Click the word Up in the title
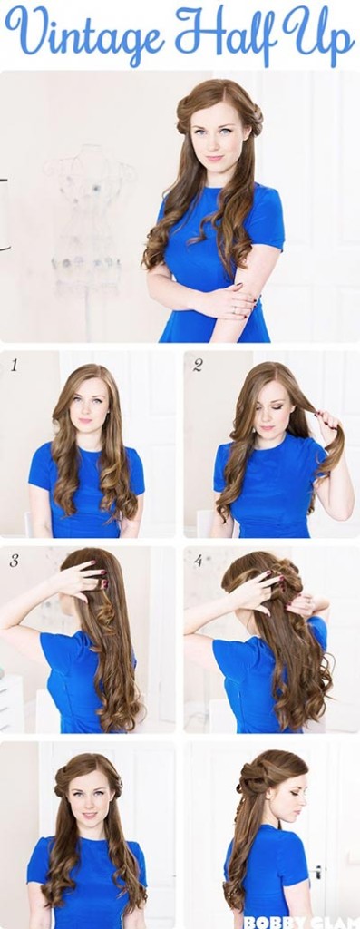316,34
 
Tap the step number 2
197,366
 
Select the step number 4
199,560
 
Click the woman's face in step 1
88,405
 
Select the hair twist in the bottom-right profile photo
253,779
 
